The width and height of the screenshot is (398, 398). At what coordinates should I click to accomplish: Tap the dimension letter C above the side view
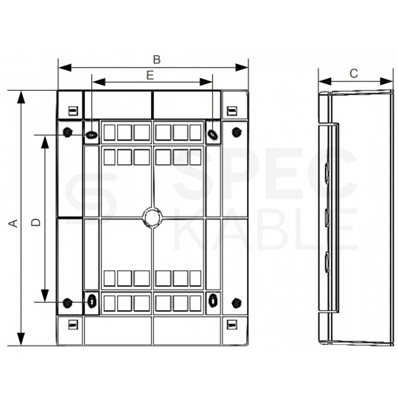pyautogui.click(x=353, y=73)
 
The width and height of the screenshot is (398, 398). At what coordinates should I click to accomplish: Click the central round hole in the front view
pyautogui.click(x=151, y=217)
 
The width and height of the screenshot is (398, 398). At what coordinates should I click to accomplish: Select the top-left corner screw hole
pyautogui.click(x=67, y=133)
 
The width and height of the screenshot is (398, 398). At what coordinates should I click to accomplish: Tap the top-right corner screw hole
pyautogui.click(x=236, y=133)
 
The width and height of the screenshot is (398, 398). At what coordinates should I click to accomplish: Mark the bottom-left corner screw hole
pyautogui.click(x=67, y=301)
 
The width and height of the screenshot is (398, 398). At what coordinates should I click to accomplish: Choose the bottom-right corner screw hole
pyautogui.click(x=236, y=301)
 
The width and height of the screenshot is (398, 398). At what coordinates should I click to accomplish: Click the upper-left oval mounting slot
pyautogui.click(x=91, y=134)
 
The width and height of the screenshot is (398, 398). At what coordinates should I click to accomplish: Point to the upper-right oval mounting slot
pyautogui.click(x=212, y=134)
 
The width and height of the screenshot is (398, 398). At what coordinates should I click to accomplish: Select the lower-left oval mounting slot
pyautogui.click(x=91, y=300)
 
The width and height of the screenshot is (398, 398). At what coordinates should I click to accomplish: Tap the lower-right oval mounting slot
pyautogui.click(x=212, y=300)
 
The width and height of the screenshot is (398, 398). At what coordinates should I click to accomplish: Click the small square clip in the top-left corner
pyautogui.click(x=71, y=111)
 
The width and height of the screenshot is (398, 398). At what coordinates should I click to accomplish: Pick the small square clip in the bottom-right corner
pyautogui.click(x=231, y=324)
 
